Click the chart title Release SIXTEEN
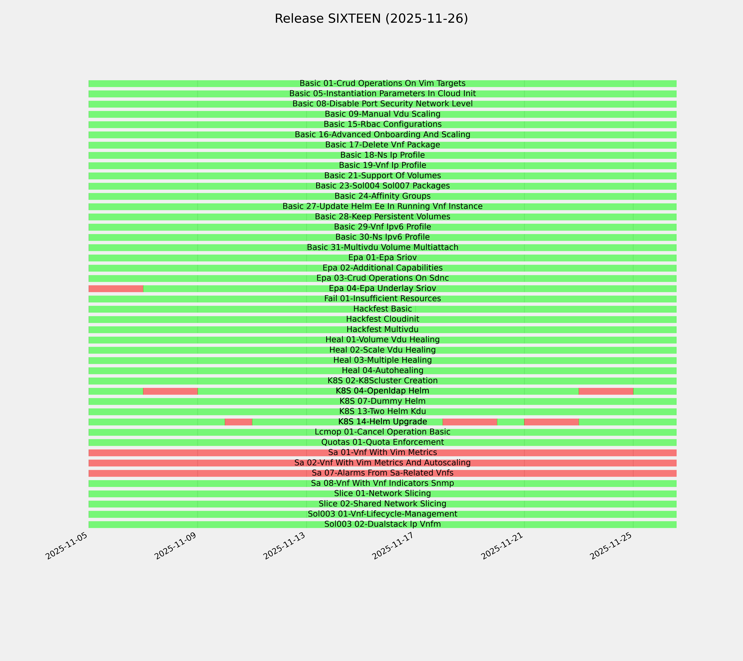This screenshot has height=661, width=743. click(371, 19)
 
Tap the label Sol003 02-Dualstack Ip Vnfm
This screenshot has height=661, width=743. click(382, 524)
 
